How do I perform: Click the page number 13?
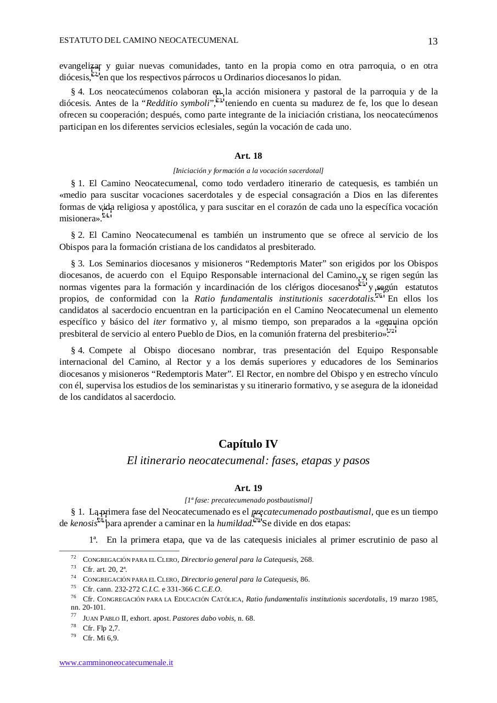coord(432,42)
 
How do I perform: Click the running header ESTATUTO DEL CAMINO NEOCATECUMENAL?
coord(148,40)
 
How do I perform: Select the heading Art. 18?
coord(248,156)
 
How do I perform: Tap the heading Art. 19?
coord(248,488)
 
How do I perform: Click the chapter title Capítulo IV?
coord(248,444)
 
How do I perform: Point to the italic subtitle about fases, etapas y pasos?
coord(248,460)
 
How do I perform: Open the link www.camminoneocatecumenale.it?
coord(116,662)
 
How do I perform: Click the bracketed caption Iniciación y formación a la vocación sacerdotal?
coord(248,170)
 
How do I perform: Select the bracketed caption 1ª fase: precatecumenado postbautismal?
coord(248,500)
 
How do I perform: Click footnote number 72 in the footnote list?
coord(74,557)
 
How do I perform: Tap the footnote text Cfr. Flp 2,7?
coord(101,628)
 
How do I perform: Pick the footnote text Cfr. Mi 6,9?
coord(100,638)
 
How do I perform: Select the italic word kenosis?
coord(83,523)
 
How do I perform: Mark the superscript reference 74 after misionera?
coord(105,215)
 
